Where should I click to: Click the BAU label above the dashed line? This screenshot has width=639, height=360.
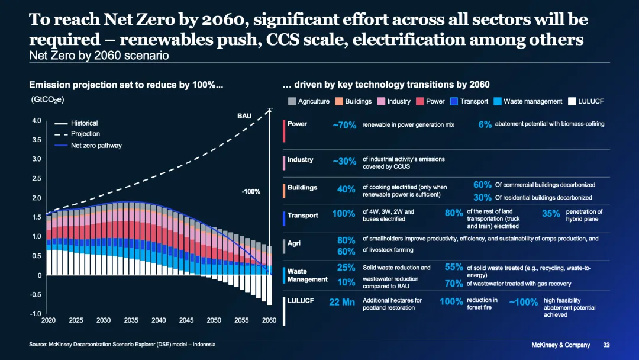244,115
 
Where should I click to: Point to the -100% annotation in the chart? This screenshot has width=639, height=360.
251,192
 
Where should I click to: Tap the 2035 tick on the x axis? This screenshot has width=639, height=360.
131,320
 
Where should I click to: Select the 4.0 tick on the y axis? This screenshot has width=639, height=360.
36,121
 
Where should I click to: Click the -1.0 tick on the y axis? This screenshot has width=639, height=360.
35,314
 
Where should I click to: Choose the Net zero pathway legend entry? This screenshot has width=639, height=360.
96,146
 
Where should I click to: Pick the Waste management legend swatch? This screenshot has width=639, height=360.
498,101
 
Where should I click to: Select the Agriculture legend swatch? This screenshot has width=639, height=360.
292,101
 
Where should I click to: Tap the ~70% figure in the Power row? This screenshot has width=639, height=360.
344,126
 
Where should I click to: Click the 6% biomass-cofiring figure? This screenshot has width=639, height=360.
485,125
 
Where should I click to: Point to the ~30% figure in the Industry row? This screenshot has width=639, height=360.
344,161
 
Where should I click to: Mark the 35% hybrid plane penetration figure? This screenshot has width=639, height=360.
551,214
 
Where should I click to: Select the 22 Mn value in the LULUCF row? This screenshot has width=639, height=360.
342,302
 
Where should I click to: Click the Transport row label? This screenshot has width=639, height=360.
303,216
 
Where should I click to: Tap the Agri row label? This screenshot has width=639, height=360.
294,243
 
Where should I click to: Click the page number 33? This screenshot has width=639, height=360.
606,345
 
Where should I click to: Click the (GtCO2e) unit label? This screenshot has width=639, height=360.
47,100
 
